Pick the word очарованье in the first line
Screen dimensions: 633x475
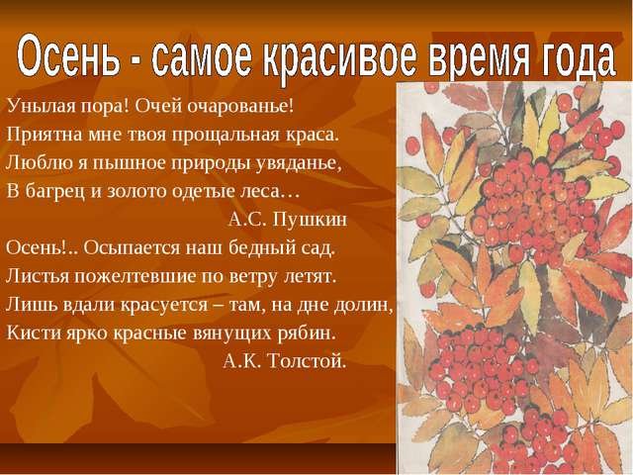[x=240, y=107]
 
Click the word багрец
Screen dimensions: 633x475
[x=55, y=191]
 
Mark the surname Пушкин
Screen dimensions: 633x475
[x=310, y=220]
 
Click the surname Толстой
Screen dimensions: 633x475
[x=308, y=360]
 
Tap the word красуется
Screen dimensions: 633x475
[x=164, y=305]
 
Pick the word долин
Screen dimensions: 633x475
[x=363, y=305]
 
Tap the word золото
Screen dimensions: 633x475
[x=137, y=191]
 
